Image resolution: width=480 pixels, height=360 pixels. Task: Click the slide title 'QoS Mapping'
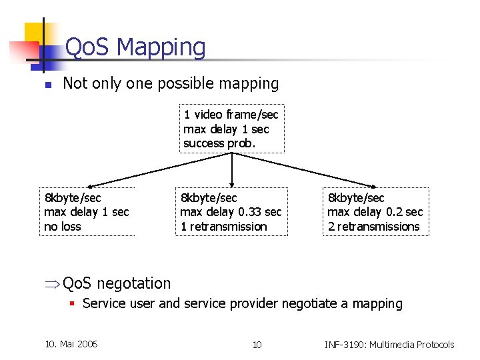(135, 47)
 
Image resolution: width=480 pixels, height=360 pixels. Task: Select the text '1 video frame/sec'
(231, 115)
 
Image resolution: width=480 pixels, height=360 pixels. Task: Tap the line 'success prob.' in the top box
(219, 143)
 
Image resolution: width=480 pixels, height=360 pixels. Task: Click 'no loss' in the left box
(62, 227)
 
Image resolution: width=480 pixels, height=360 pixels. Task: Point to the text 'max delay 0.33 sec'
(231, 212)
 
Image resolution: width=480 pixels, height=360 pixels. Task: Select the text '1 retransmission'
(223, 227)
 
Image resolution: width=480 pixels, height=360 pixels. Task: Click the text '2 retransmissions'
(373, 227)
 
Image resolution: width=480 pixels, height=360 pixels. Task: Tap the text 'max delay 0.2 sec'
(375, 212)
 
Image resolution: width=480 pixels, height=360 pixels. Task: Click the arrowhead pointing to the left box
(93, 186)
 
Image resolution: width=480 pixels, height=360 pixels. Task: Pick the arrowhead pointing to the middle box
(231, 185)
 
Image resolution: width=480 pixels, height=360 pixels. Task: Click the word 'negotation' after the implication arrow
(134, 283)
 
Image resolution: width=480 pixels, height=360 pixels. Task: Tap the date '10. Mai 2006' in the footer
(71, 344)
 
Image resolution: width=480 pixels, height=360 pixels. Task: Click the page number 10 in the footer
(257, 345)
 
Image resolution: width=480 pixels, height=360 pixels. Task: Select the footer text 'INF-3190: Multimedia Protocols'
(389, 345)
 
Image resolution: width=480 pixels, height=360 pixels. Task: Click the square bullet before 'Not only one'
(47, 85)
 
